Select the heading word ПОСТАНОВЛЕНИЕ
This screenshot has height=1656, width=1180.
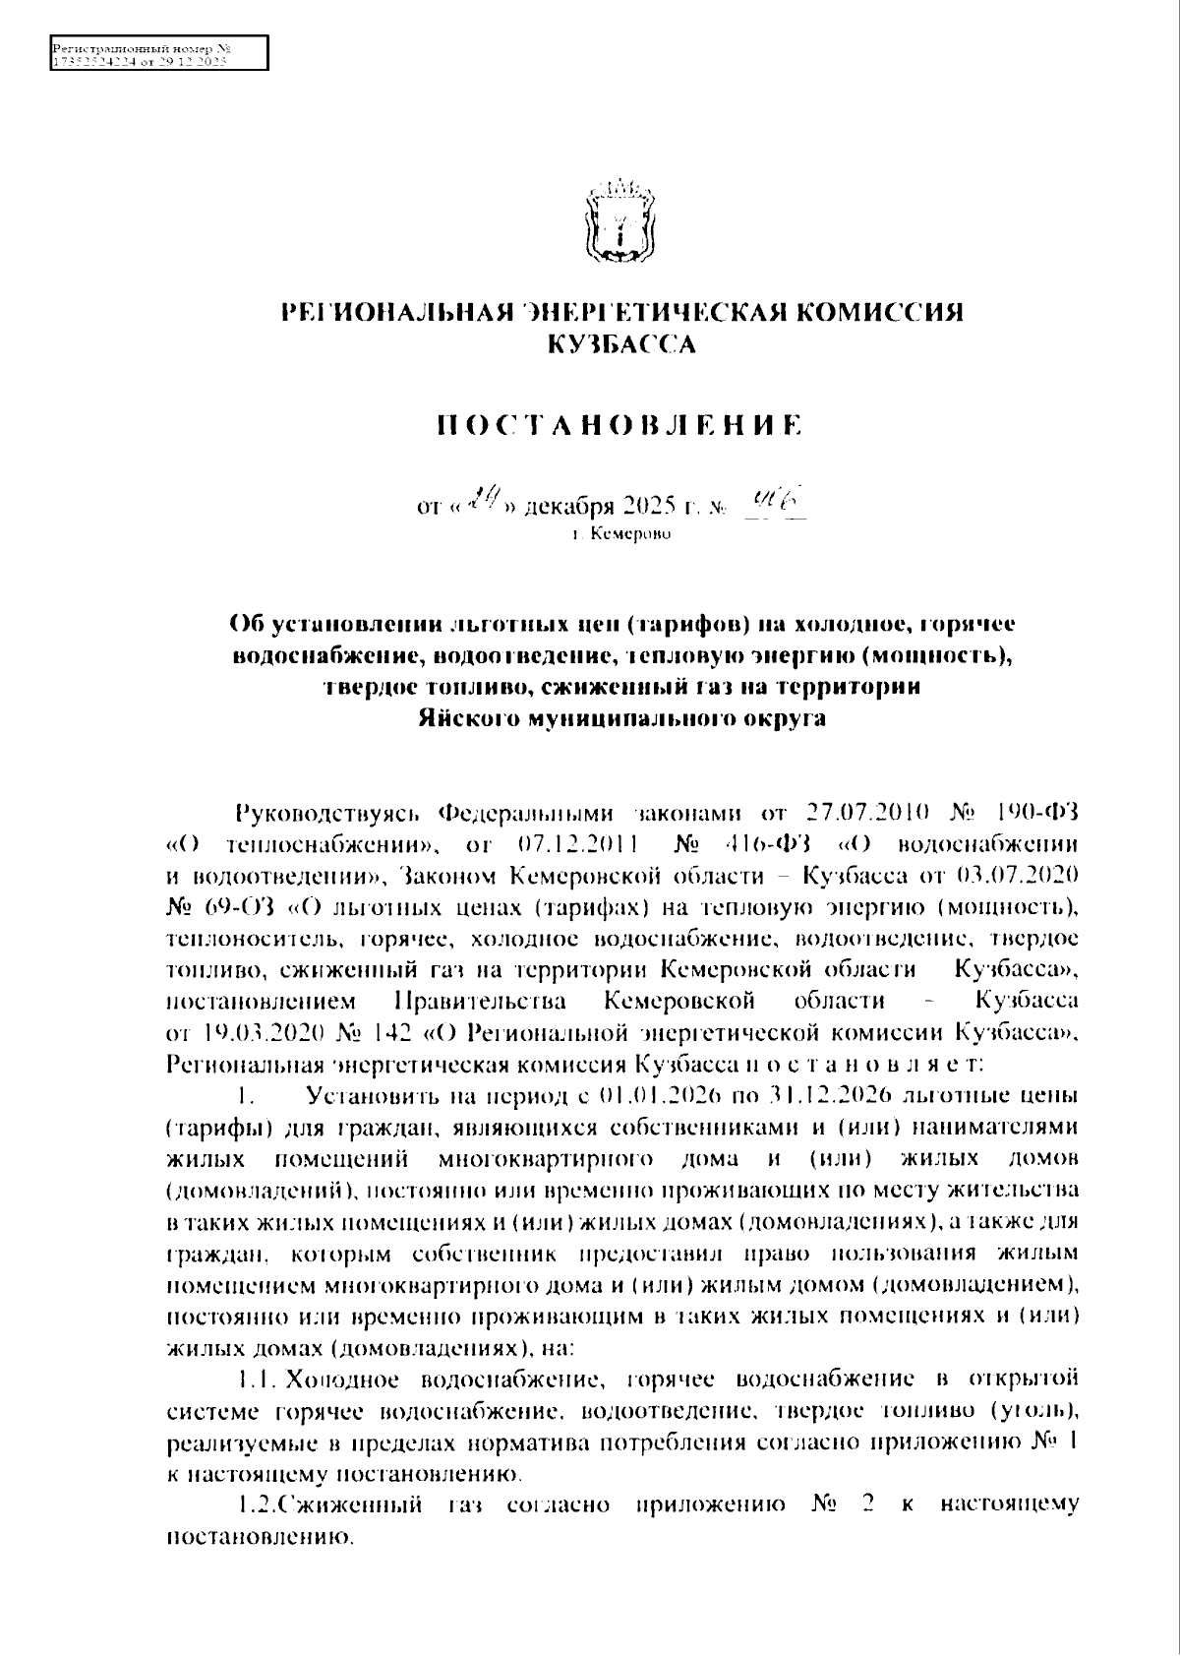point(619,426)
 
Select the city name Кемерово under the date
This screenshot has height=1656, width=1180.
point(629,535)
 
